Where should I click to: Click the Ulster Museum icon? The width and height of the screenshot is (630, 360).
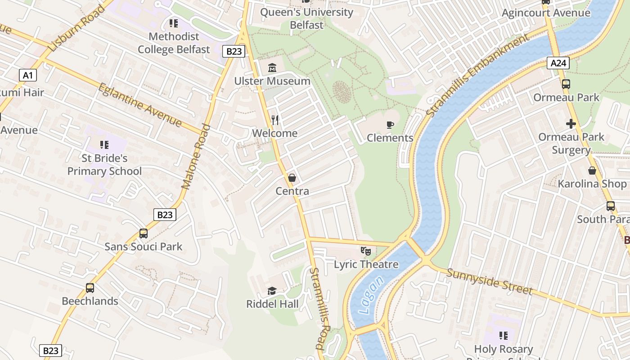click(x=272, y=68)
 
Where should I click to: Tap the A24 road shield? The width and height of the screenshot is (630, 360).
click(x=558, y=63)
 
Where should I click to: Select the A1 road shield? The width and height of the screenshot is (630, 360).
click(x=28, y=75)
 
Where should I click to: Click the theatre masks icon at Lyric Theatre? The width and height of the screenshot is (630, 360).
click(x=366, y=251)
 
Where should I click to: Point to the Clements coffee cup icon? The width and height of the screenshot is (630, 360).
click(x=390, y=125)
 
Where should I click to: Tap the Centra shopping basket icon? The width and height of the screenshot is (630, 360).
click(x=292, y=178)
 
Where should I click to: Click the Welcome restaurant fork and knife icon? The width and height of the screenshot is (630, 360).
click(x=275, y=120)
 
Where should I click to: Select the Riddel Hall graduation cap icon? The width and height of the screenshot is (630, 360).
click(x=272, y=291)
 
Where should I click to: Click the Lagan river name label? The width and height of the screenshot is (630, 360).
click(x=372, y=295)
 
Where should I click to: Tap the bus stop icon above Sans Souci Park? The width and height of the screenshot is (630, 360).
click(x=144, y=234)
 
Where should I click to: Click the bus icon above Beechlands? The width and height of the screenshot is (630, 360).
click(x=90, y=288)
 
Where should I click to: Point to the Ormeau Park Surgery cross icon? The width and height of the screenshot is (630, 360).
click(x=571, y=124)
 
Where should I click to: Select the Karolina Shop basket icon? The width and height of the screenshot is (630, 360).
click(x=592, y=171)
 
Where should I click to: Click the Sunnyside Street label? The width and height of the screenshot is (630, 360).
click(x=490, y=281)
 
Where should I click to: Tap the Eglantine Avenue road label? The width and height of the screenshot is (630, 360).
click(x=140, y=105)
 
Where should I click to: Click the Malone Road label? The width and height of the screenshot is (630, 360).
click(x=196, y=157)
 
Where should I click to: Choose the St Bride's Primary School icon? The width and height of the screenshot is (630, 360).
click(x=104, y=145)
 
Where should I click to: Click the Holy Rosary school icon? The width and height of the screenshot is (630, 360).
click(x=504, y=336)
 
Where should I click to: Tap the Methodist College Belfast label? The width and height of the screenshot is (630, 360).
click(x=174, y=43)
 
